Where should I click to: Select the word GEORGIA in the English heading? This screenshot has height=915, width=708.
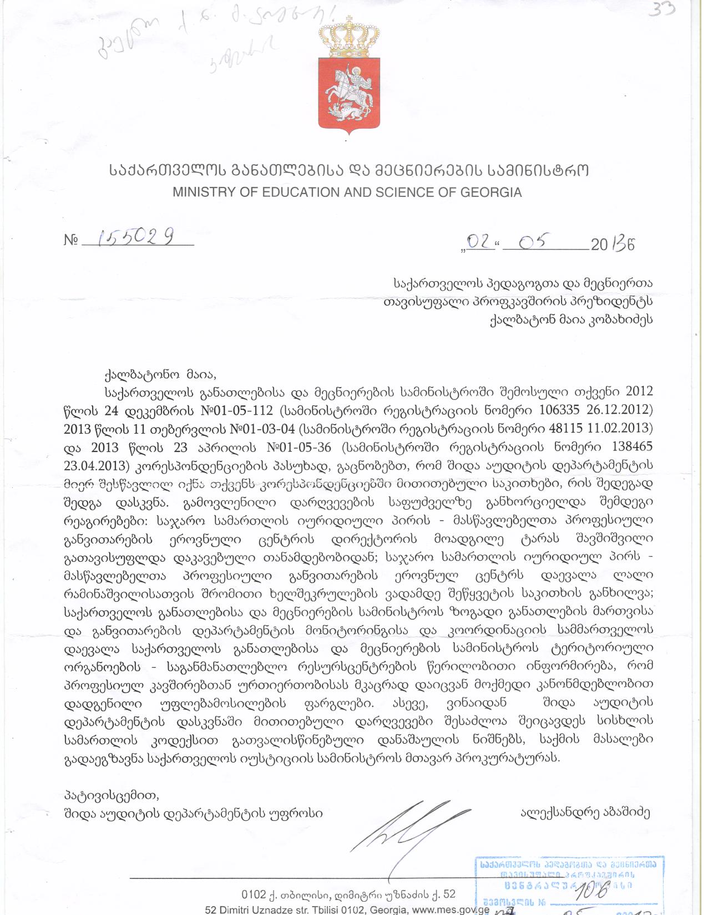click(490, 192)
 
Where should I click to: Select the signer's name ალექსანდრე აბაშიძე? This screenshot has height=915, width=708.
click(585, 814)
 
